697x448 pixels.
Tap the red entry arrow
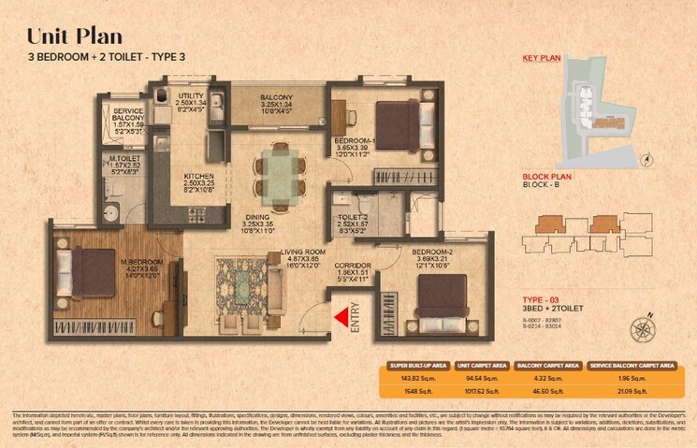coord(341,317)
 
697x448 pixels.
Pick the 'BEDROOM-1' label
coord(355,140)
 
